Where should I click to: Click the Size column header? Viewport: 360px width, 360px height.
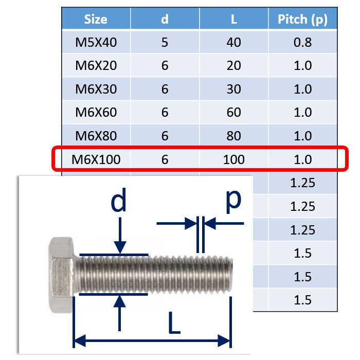coord(96,19)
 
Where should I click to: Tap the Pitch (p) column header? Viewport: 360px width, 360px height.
coord(302,20)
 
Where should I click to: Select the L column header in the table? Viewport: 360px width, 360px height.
coord(233,20)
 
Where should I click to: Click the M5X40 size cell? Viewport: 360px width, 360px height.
coord(96,42)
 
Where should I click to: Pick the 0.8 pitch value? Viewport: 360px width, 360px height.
coord(302,42)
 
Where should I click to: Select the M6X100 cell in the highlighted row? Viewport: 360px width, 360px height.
coord(96,159)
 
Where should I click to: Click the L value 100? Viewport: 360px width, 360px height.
coord(233,159)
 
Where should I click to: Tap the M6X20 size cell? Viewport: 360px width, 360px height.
coord(96,66)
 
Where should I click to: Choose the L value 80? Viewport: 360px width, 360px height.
coord(233,136)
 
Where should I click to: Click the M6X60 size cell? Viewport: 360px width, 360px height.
coord(96,113)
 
